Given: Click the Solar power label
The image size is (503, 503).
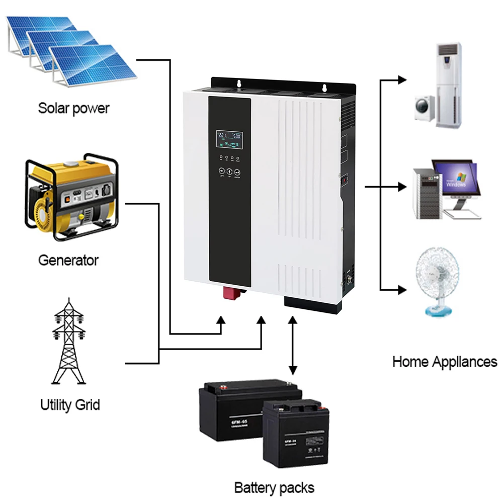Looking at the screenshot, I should pos(73,108).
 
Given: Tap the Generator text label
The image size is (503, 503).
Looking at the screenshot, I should pos(68,261).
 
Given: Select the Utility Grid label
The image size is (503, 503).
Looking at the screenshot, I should pos(70,404).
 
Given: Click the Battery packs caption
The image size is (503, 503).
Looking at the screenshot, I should pos(274,487).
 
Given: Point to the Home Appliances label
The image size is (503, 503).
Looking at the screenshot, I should pos(445,362).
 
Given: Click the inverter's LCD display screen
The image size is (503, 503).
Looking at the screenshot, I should pos(229,140).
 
